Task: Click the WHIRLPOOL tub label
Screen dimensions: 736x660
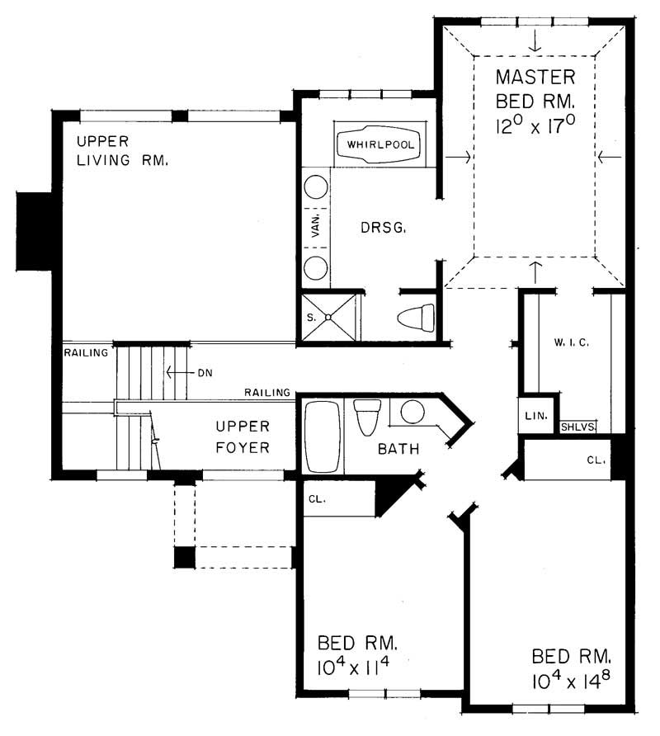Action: click(380, 145)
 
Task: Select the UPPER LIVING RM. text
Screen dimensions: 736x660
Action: click(122, 149)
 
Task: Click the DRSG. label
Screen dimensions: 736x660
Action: click(382, 228)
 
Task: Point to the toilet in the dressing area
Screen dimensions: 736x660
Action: click(416, 317)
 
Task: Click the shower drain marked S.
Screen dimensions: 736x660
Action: click(328, 316)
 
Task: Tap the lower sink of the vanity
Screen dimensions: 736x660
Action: click(314, 267)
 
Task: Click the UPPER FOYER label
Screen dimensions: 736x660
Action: click(243, 437)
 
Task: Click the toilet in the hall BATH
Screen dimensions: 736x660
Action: click(366, 416)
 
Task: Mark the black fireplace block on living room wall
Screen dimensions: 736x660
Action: click(35, 232)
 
